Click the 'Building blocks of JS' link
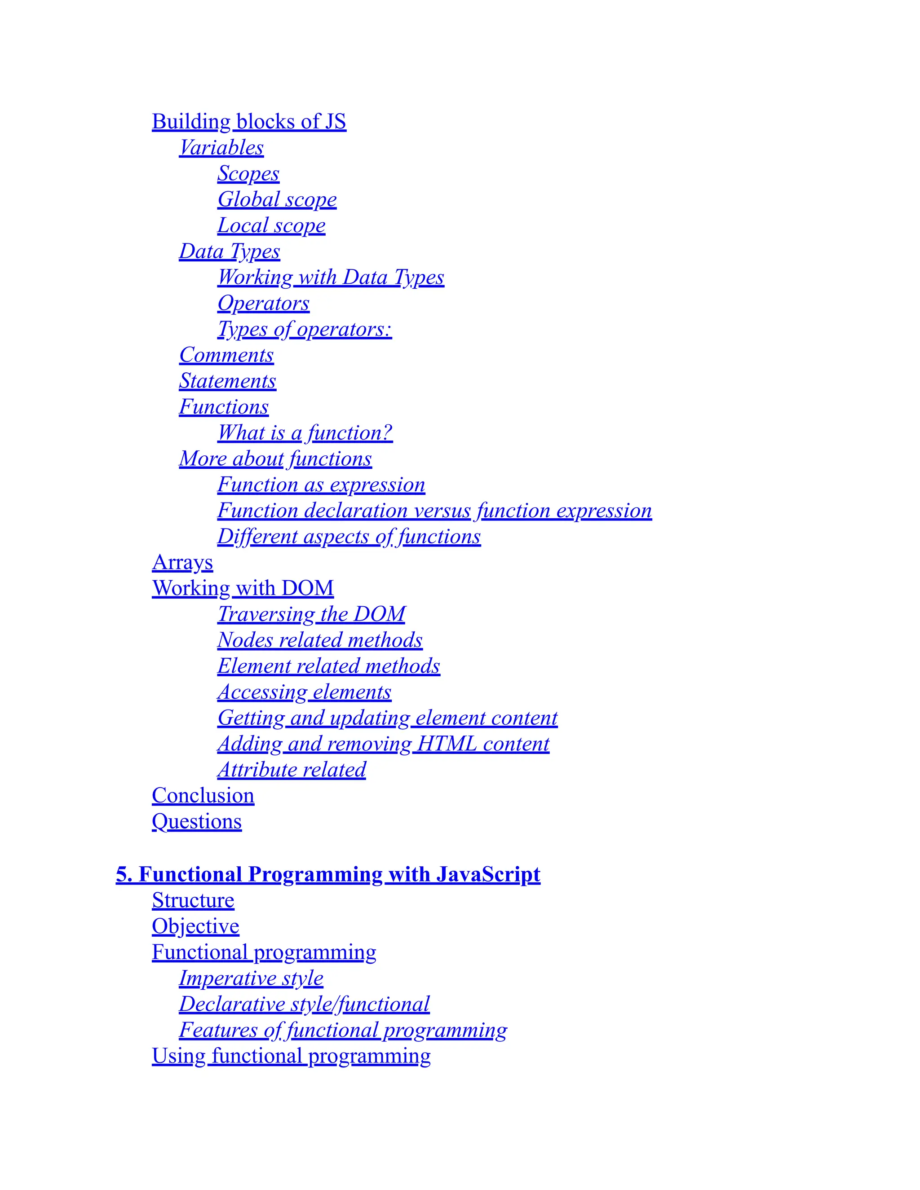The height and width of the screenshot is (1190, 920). click(248, 122)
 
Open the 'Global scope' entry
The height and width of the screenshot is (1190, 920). click(277, 199)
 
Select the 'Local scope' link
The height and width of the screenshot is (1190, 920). click(271, 225)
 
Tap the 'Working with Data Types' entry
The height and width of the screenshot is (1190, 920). click(330, 278)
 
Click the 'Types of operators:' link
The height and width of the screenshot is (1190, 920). click(304, 329)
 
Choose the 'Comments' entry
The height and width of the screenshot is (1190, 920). click(226, 355)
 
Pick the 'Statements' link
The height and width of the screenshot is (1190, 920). click(227, 381)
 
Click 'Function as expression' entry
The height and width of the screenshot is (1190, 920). click(321, 485)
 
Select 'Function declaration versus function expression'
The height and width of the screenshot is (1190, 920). click(434, 511)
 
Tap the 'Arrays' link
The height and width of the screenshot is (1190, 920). click(182, 562)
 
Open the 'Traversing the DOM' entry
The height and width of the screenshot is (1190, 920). click(311, 614)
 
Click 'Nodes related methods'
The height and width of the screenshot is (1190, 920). click(320, 640)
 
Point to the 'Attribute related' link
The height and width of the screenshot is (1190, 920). click(292, 770)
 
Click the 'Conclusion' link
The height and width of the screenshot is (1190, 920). click(203, 796)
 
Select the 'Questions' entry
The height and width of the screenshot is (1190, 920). click(196, 822)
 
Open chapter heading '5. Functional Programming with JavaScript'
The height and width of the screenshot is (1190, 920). click(327, 874)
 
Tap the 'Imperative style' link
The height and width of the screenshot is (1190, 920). click(251, 978)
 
